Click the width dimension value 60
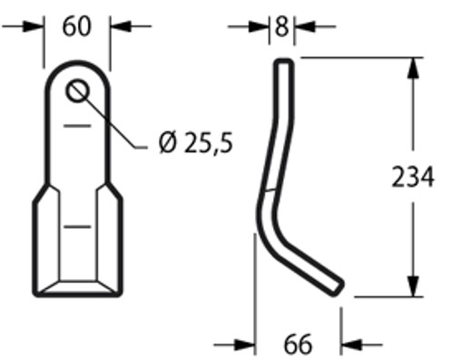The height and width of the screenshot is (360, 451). (76, 26)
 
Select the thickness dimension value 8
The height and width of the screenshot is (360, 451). (281, 26)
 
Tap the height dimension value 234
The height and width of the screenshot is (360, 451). (413, 177)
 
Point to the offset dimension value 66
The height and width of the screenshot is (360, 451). (297, 345)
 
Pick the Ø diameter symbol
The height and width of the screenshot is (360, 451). (167, 142)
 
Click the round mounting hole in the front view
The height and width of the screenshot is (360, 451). (77, 91)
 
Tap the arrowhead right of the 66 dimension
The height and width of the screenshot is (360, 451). (349, 345)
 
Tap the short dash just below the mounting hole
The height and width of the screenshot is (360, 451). (77, 124)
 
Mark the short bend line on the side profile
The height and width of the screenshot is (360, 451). (269, 190)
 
